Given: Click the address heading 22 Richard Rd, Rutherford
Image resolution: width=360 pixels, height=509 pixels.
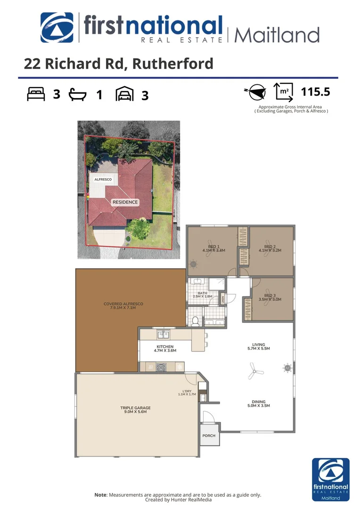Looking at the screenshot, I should click(x=118, y=64).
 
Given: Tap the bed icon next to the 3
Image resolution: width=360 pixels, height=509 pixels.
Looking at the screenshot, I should click(x=36, y=95).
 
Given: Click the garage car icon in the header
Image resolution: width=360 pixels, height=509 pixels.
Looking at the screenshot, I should click(x=124, y=95).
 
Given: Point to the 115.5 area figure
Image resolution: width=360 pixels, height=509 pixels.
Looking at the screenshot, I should click(x=312, y=91).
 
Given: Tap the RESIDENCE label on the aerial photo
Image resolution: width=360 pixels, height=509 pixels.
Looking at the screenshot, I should click(x=125, y=202).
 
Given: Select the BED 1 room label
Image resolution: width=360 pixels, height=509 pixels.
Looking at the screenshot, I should click(x=213, y=248).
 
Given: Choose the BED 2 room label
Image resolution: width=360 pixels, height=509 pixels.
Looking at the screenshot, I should click(x=270, y=248).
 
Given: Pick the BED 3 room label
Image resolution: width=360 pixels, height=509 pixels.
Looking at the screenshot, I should click(x=270, y=297).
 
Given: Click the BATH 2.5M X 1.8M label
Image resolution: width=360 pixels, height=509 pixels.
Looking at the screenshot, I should click(x=203, y=295).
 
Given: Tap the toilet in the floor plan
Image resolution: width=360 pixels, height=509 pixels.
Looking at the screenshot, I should click(x=195, y=321).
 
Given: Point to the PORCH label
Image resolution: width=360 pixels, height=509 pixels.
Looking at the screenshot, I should click(x=209, y=435).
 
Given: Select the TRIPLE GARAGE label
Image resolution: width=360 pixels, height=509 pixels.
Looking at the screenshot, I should click(x=135, y=410).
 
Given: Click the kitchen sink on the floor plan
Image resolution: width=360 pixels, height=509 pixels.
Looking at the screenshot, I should click(x=164, y=335).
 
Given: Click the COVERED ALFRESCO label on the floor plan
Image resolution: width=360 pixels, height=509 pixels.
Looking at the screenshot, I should click(x=123, y=306).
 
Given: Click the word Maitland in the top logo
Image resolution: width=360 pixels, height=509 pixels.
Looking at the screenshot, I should click(x=277, y=35).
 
